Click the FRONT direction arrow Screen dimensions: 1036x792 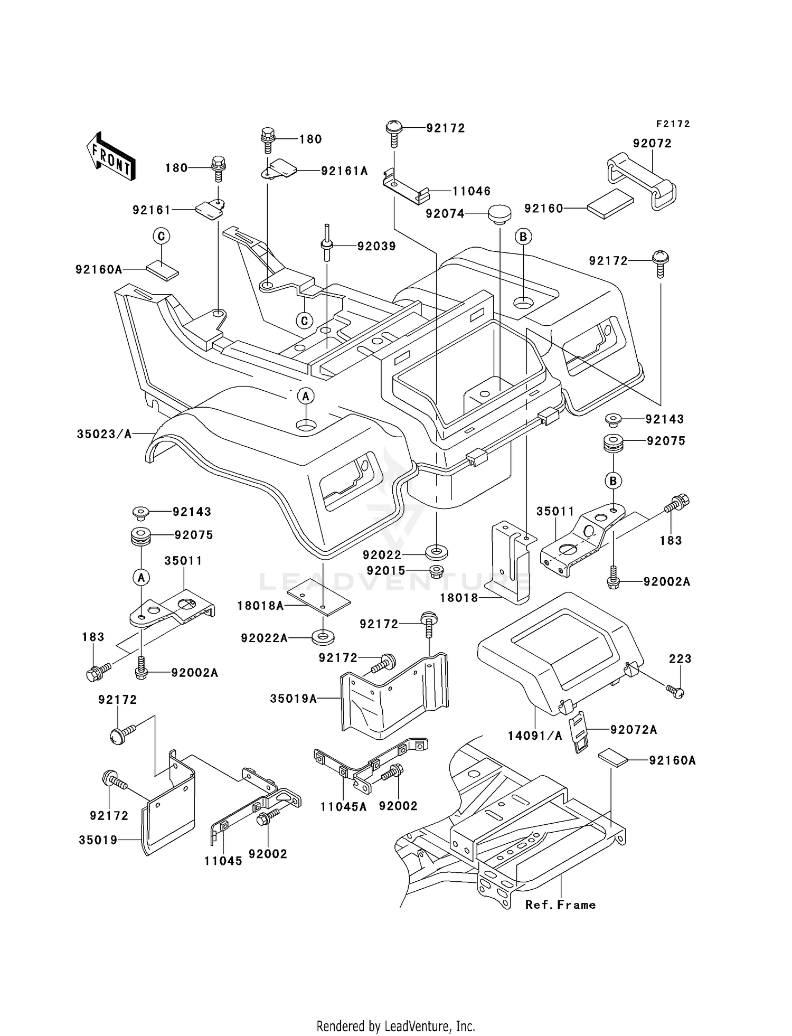[x=111, y=157]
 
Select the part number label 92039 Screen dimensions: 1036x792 [x=376, y=246]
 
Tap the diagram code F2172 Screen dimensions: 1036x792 [x=673, y=124]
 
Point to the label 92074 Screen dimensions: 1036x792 [x=445, y=214]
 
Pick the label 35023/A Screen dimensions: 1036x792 [x=104, y=434]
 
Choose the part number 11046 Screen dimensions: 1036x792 [x=472, y=191]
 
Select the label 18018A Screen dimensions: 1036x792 [x=260, y=606]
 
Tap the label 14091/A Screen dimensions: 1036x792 [x=535, y=735]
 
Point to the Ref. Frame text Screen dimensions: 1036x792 [x=560, y=905]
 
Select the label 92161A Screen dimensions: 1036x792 [x=344, y=171]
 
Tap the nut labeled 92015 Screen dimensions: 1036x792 [x=436, y=571]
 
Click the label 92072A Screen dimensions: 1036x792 [x=634, y=730]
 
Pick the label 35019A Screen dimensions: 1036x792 [x=294, y=699]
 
